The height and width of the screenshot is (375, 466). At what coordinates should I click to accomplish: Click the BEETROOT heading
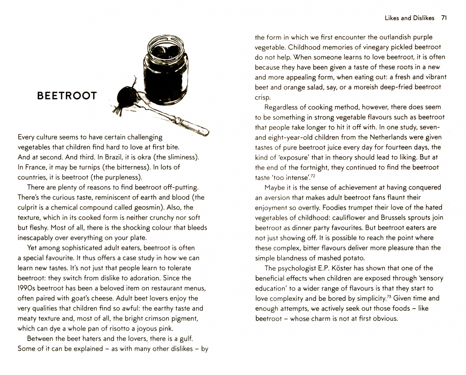67,96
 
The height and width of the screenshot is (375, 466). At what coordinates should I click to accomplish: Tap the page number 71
443,18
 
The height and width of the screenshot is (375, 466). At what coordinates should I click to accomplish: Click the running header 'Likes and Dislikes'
409,18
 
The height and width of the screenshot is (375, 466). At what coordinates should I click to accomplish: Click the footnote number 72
312,176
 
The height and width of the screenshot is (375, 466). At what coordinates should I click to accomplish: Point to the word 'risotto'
125,328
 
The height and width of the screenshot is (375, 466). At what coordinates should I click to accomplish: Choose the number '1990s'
26,288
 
